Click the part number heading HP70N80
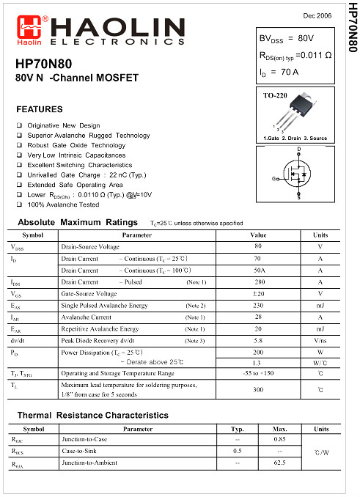click(43, 65)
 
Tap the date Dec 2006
click(316, 15)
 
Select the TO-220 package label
click(275, 96)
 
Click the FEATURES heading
click(40, 110)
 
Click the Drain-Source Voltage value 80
click(257, 246)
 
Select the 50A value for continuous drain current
click(257, 270)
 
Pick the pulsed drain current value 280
click(257, 282)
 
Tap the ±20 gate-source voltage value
click(257, 294)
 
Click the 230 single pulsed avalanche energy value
click(257, 306)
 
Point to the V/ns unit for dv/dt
click(320, 341)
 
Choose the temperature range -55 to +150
click(257, 373)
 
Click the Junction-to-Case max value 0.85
click(279, 439)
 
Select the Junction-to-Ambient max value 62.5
click(279, 463)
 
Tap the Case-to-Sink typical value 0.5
click(237, 451)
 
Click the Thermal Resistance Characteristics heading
click(92, 415)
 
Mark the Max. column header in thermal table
click(279, 429)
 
